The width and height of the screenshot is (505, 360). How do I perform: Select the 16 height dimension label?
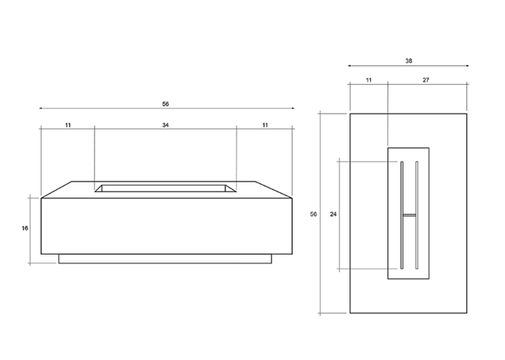point(24,228)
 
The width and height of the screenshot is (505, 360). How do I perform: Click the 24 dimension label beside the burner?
point(333,214)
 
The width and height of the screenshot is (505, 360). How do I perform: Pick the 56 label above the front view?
point(166,103)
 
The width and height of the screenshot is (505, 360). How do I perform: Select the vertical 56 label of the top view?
point(314,214)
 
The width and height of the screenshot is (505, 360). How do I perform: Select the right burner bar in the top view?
point(417,214)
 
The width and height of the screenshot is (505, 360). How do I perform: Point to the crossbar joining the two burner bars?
point(410,216)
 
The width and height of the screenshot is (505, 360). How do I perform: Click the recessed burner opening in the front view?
point(166,188)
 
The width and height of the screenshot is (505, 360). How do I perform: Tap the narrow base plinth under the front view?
point(166,259)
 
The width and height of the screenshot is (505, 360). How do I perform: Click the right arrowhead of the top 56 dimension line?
point(293,108)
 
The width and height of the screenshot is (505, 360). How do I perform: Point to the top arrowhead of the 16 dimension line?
point(30,196)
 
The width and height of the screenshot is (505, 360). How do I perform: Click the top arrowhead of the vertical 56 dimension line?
point(321,114)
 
